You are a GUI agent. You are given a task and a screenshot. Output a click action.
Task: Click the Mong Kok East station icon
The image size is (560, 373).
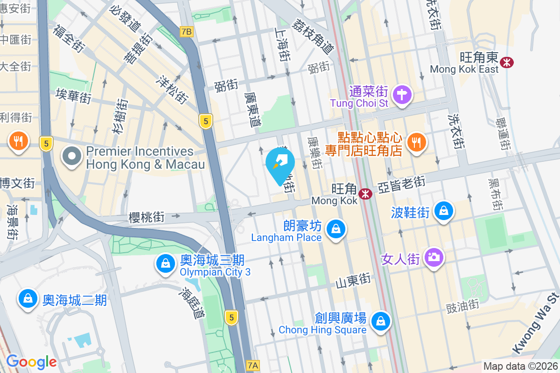pos(506,62)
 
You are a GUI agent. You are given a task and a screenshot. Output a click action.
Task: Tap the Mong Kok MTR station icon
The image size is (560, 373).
pos(365,193)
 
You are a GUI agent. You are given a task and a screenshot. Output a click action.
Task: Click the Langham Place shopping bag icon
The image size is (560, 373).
pos(335,228)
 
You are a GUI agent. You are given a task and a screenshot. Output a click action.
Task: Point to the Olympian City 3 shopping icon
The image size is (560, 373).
pos(166,263)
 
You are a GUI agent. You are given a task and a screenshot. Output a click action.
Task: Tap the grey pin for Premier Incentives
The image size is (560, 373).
pos(72,157)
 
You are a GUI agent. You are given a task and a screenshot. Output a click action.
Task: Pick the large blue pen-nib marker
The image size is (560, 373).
pos(280,163)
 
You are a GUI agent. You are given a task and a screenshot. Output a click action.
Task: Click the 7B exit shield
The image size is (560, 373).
pos(186,32)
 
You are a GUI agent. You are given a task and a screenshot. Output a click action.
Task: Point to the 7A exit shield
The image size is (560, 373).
pos(252,365)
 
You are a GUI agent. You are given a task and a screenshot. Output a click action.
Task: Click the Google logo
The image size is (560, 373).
pos(31,361)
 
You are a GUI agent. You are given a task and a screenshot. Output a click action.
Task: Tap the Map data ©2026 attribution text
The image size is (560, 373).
pos(520,366)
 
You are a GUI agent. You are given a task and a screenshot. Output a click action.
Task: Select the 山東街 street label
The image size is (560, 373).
pos(353,281)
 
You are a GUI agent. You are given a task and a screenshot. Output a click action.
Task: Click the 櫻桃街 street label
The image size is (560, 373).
pos(146,217)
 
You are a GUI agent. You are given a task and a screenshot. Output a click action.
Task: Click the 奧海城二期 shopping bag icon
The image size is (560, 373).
pos(28,298)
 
